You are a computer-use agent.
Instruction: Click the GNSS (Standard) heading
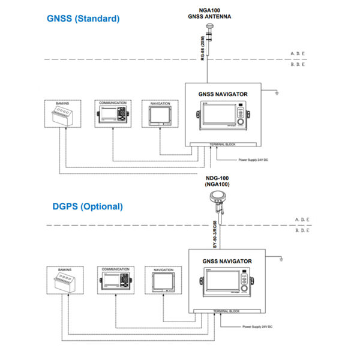pyautogui.click(x=83, y=19)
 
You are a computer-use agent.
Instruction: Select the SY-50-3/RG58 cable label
pyautogui.click(x=214, y=236)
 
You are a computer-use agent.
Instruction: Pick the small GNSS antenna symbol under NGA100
pyautogui.click(x=208, y=26)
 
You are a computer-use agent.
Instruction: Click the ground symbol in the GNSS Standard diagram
pyautogui.click(x=275, y=94)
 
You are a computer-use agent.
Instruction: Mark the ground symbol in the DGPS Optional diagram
pyautogui.click(x=281, y=259)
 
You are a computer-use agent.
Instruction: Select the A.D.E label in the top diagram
pyautogui.click(x=298, y=54)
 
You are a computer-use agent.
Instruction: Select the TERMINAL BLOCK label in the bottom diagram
pyautogui.click(x=226, y=311)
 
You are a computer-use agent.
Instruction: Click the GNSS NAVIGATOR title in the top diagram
pyautogui.click(x=223, y=94)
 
